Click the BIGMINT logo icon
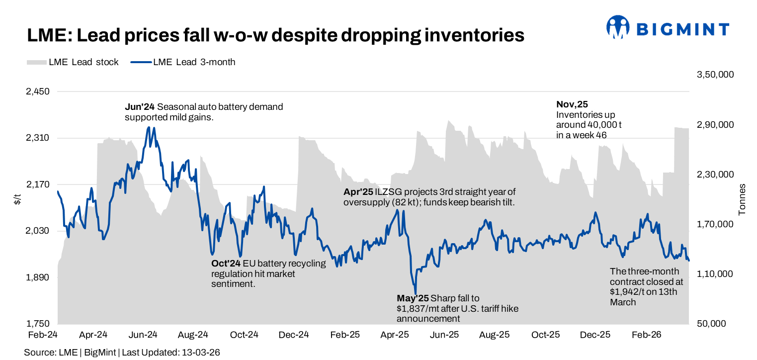click(618, 27)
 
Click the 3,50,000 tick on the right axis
click(716, 75)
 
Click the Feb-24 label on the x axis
click(43, 335)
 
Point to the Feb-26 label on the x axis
click(647, 335)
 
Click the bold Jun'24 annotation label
click(140, 107)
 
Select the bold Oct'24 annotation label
click(226, 263)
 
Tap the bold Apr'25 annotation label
click(358, 192)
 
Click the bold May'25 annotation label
click(412, 298)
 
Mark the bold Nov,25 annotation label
click(572, 104)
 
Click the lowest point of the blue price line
click(416, 294)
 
